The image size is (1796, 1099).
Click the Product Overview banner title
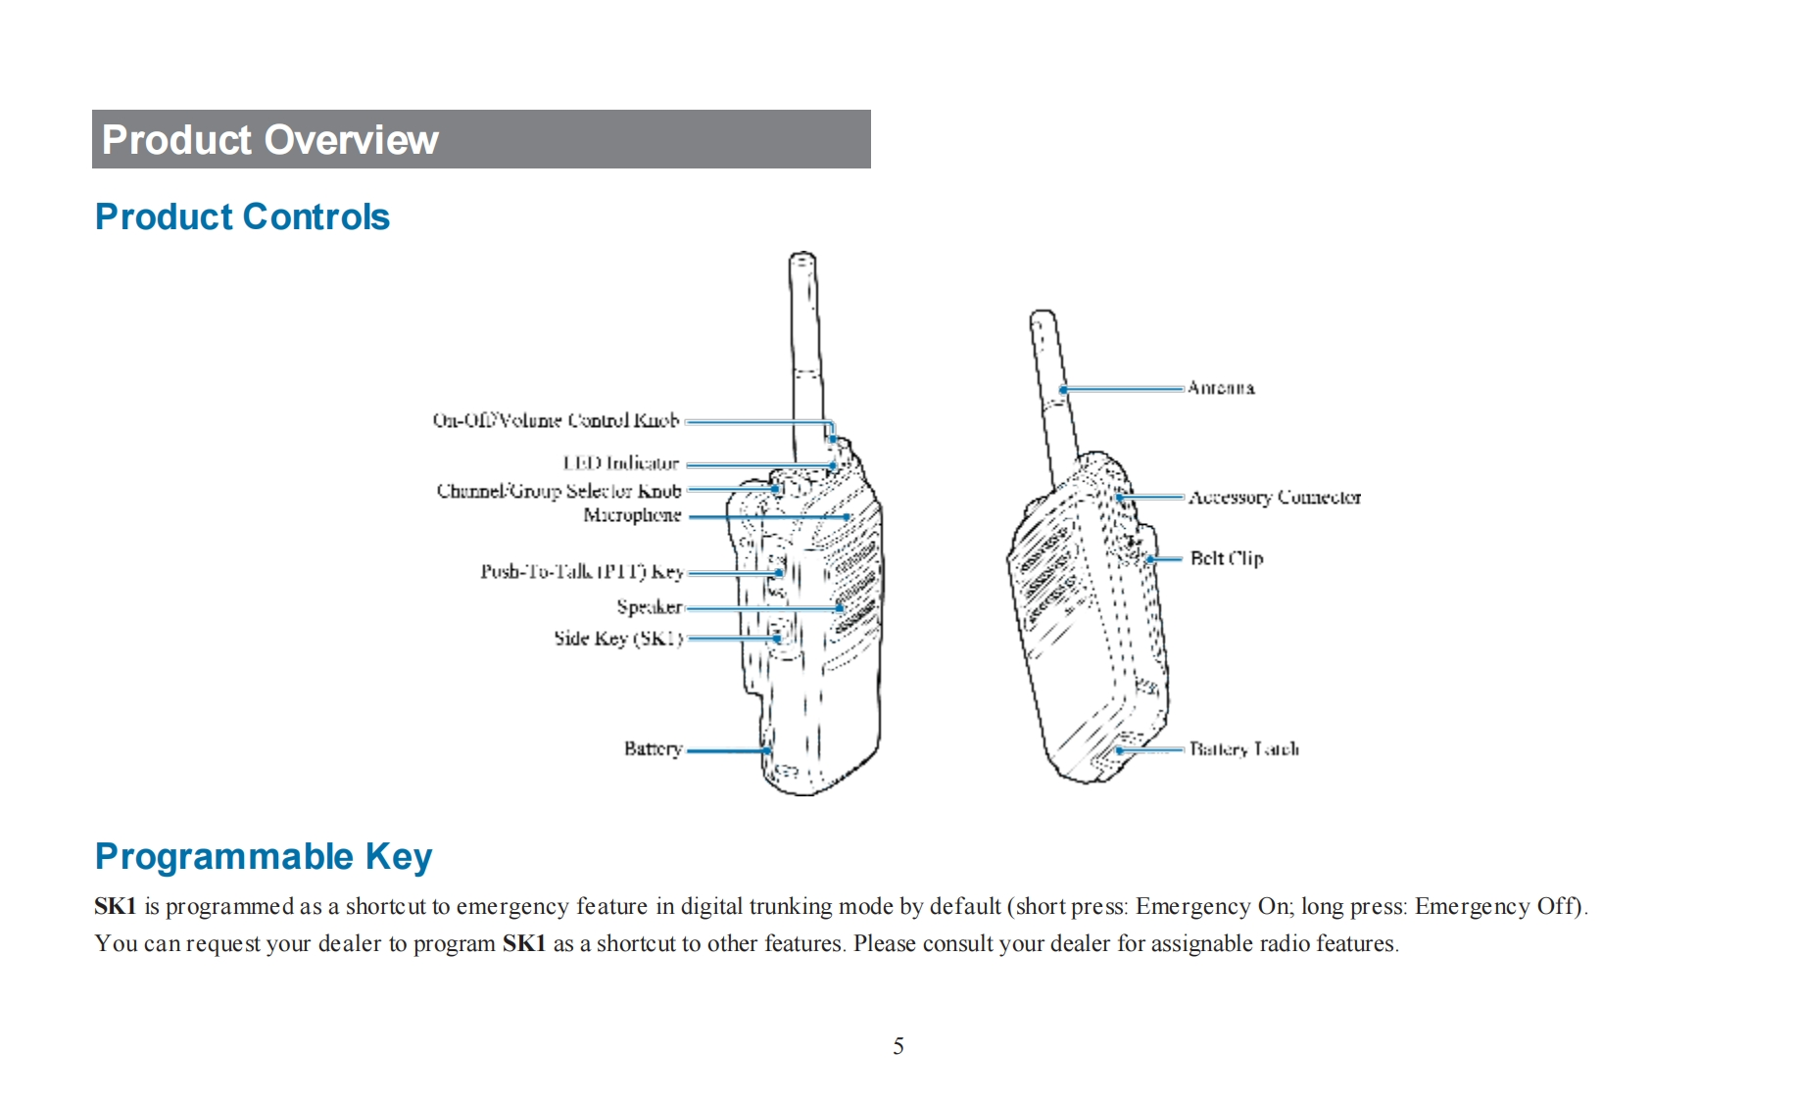(x=269, y=140)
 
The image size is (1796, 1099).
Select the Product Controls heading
(x=242, y=216)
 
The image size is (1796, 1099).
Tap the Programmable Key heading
(x=263, y=856)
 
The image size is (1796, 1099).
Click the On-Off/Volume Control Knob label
(x=556, y=420)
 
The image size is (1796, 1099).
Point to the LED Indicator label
(x=620, y=462)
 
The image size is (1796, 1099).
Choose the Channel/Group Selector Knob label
(x=558, y=490)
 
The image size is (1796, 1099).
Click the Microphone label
(x=632, y=514)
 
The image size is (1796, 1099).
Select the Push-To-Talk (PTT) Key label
(x=581, y=571)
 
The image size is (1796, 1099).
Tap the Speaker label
(x=649, y=606)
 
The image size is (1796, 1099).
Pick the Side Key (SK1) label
(x=617, y=639)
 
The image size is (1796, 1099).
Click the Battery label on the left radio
(x=653, y=748)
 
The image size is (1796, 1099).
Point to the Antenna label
(x=1221, y=388)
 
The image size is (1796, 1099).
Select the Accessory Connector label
(x=1275, y=498)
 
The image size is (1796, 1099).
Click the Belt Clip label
(x=1227, y=558)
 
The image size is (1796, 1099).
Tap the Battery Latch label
(x=1244, y=749)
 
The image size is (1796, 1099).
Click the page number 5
(x=898, y=1046)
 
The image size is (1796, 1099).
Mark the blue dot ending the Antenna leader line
(x=1064, y=390)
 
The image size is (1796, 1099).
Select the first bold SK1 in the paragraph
(x=115, y=906)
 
